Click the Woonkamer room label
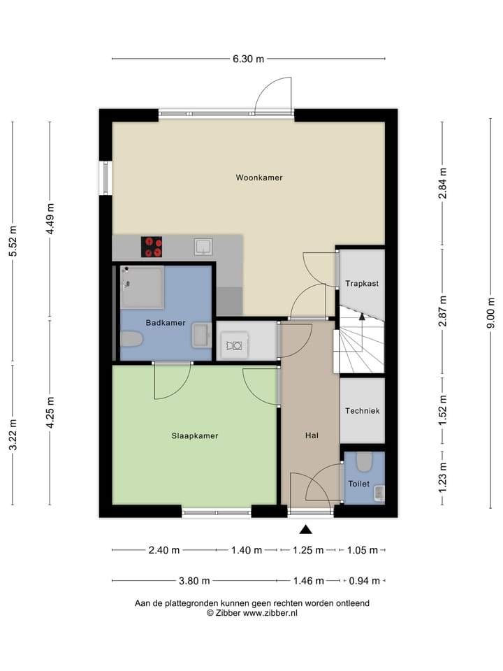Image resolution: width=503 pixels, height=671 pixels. [x=259, y=177]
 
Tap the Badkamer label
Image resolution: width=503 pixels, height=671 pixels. [x=166, y=323]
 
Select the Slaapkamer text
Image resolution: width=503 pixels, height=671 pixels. [x=195, y=435]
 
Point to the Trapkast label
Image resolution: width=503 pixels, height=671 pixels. [x=362, y=283]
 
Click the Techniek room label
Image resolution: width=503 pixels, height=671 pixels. [x=363, y=411]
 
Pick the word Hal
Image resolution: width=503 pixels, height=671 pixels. [x=312, y=435]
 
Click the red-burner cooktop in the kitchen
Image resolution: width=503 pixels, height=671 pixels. [x=152, y=247]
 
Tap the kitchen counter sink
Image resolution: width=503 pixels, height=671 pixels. [x=203, y=247]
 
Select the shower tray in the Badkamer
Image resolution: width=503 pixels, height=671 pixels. [x=142, y=287]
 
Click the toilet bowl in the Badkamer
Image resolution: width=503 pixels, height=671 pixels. [x=131, y=340]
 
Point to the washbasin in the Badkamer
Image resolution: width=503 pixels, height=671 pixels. [x=201, y=335]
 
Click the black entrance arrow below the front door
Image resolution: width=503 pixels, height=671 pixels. [x=305, y=530]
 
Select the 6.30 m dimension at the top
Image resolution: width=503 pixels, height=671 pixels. [x=248, y=59]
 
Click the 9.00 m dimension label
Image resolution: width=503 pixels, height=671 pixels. [x=491, y=313]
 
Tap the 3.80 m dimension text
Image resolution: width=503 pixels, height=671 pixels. [x=194, y=581]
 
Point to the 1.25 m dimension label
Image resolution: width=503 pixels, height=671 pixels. [x=308, y=550]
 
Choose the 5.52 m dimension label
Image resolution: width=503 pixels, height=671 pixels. [x=13, y=241]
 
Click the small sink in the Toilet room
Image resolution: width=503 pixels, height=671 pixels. [x=379, y=493]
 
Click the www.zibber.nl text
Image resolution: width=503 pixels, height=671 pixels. [x=270, y=613]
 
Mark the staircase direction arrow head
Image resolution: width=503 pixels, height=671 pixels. [x=362, y=316]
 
